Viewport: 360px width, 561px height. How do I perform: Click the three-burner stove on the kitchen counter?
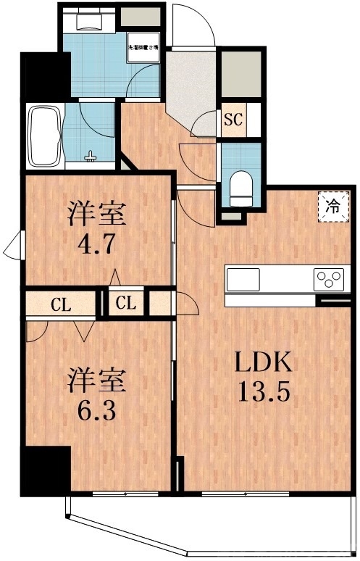[x=330, y=278]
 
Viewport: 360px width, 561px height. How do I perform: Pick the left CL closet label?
[x=59, y=303]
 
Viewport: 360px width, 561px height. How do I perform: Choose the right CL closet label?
[x=126, y=303]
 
